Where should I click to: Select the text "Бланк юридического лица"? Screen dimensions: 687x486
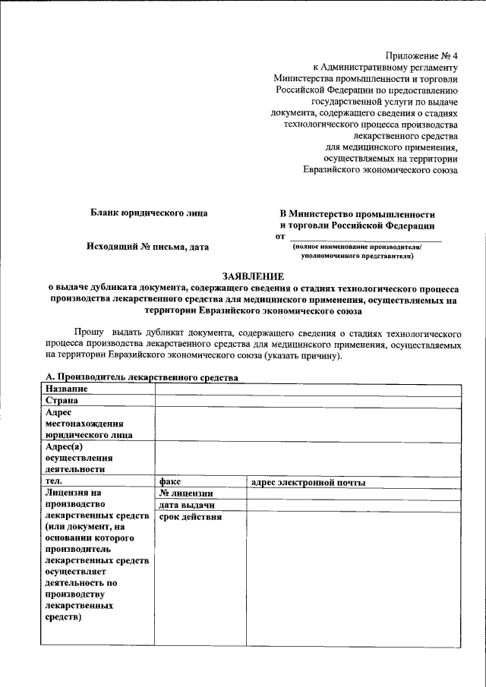(149, 213)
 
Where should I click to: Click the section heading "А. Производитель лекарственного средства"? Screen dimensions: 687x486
(142, 377)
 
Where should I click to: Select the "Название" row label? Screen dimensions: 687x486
(66, 389)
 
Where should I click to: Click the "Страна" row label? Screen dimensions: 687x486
(62, 400)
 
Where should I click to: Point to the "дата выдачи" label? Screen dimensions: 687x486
(186, 506)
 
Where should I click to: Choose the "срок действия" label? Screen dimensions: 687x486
(190, 518)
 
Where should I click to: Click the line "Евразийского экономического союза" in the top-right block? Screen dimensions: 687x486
(380, 171)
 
